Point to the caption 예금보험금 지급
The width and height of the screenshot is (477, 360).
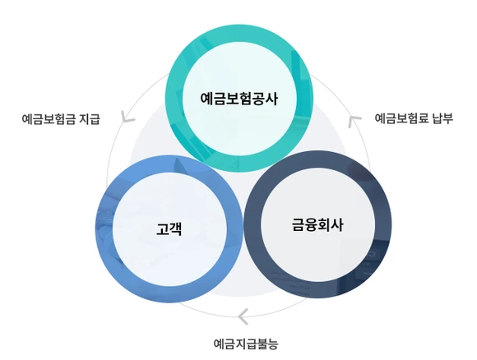tap(61, 119)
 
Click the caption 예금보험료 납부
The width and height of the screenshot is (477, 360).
tap(414, 118)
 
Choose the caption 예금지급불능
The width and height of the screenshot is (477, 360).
tap(246, 343)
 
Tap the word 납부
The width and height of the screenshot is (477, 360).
tap(442, 118)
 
